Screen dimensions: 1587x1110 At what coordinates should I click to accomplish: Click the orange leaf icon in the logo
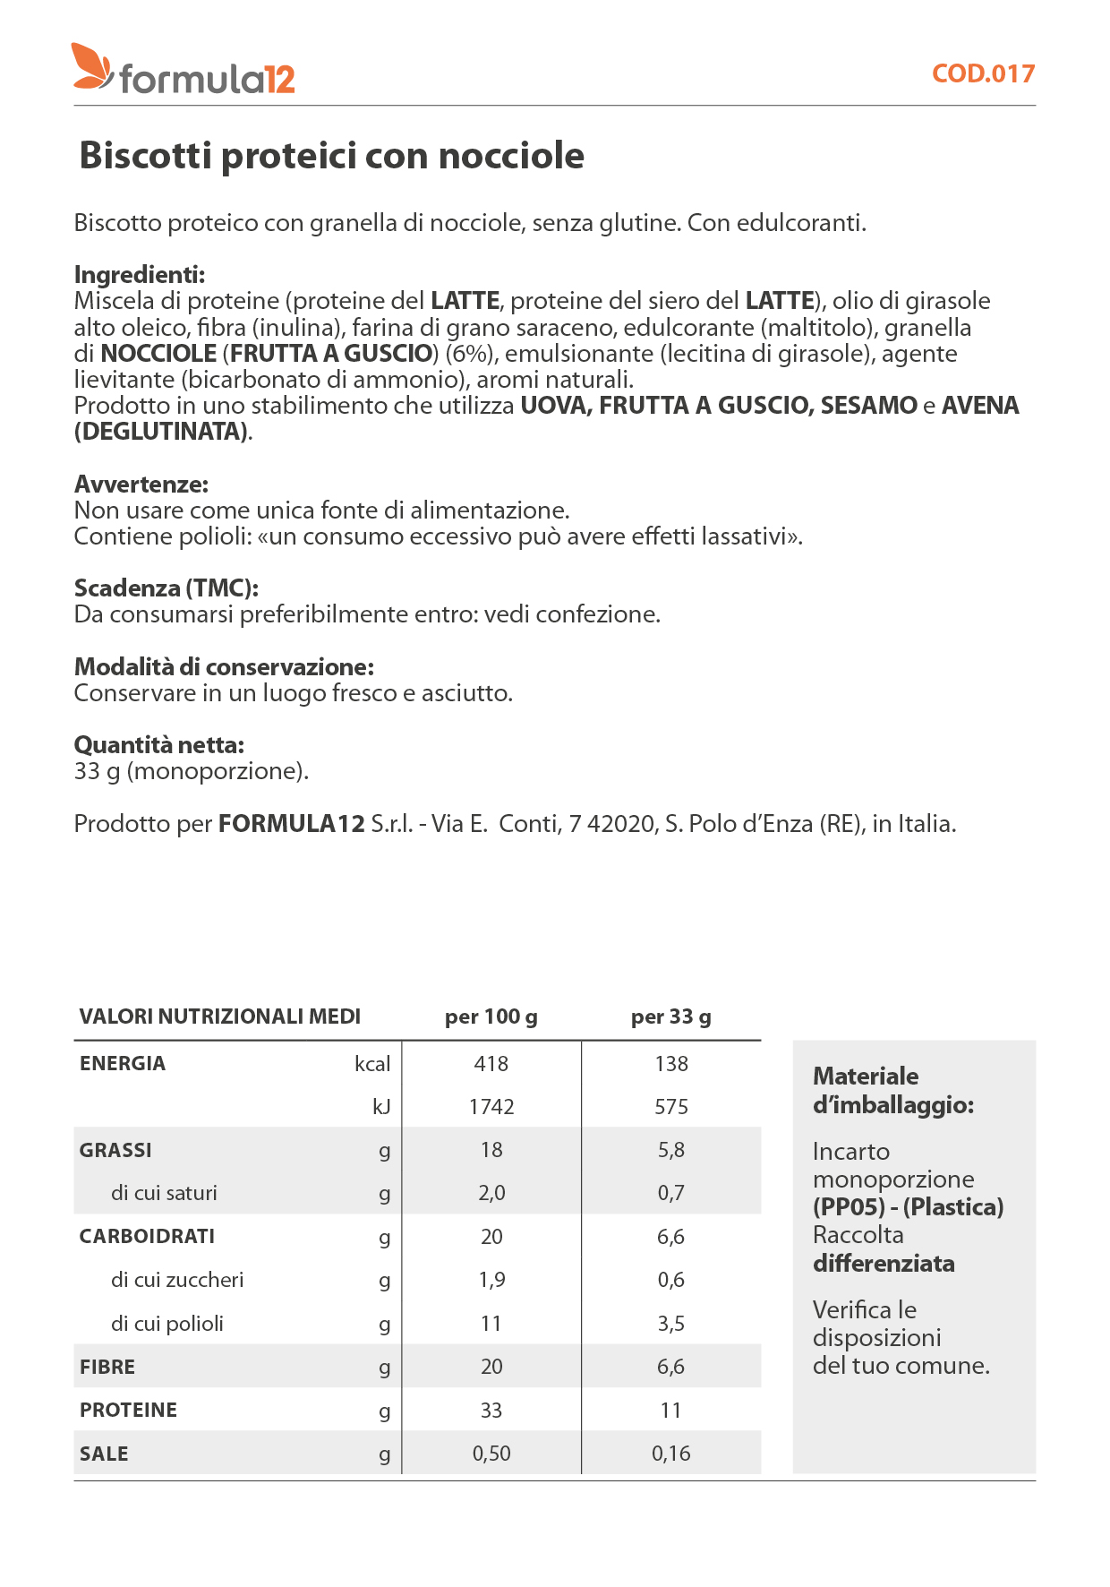pos(91,66)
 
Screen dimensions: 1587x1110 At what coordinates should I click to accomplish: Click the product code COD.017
pos(983,73)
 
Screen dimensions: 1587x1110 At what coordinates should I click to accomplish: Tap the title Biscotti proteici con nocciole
pos(331,156)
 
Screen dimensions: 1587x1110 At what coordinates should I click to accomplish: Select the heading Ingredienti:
pos(140,274)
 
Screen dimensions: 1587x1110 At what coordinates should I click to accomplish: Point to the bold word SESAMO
pos(868,406)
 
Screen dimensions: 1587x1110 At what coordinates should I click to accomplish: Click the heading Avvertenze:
pos(141,485)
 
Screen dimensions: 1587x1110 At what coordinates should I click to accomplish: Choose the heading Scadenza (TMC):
pos(166,588)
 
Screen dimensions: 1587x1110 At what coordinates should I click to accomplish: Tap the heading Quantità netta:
pos(159,745)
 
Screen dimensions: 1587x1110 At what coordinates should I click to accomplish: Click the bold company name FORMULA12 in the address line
pos(292,824)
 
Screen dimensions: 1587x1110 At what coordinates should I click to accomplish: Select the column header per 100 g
pos(491,1017)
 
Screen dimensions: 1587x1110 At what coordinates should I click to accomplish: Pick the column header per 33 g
pos(671,1017)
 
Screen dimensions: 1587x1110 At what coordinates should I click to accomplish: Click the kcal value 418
pos(491,1064)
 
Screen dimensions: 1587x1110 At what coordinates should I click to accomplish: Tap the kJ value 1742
pos(491,1107)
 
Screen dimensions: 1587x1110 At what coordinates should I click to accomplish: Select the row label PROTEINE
pos(128,1411)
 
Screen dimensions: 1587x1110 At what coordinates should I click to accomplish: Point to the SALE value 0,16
pos(671,1454)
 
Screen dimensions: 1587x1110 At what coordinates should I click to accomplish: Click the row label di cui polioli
pos(167,1324)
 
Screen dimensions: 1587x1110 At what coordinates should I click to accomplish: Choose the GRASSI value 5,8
pos(671,1150)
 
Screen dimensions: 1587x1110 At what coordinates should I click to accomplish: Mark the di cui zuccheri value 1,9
pos(491,1280)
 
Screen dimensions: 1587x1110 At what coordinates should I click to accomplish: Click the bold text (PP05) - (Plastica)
pos(908,1207)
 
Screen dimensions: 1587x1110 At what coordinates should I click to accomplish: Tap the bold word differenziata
pos(884,1264)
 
